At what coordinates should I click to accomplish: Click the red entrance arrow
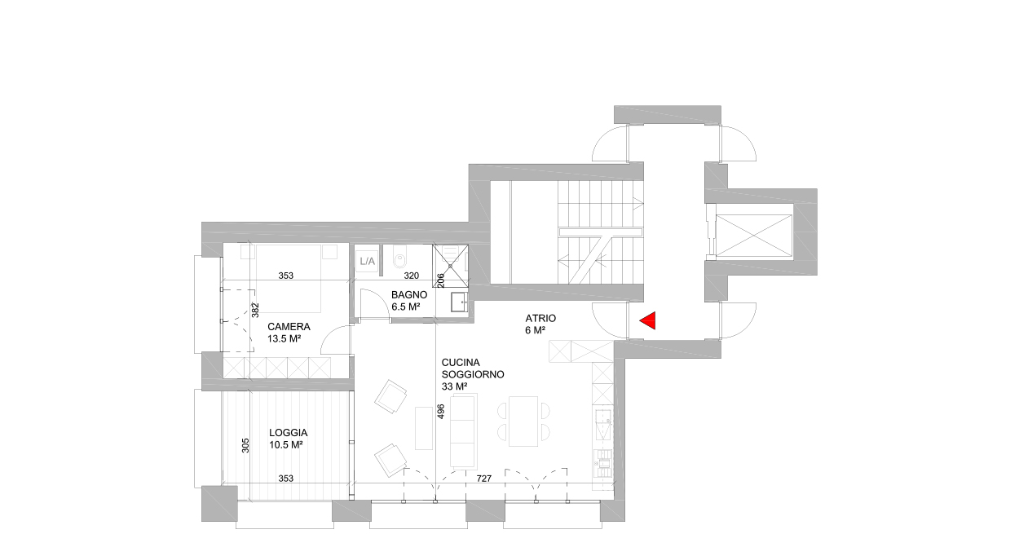pos(648,320)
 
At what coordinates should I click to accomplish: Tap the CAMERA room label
pos(289,327)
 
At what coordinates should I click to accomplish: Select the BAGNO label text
pos(409,295)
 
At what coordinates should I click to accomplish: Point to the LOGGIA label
pos(289,433)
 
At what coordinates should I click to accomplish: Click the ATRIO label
pos(540,319)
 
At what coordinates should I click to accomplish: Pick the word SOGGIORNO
pos(473,375)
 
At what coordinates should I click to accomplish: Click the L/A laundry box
pos(367,262)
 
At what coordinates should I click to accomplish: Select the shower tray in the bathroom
pos(450,265)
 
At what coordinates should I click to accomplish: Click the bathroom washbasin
pos(460,302)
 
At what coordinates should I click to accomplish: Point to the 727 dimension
pos(484,479)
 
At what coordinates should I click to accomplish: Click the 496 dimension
pos(440,412)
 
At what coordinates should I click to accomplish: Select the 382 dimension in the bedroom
pos(255,311)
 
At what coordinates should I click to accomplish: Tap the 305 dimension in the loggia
pos(245,445)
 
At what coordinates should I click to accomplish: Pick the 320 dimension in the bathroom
pos(411,276)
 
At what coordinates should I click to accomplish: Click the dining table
pos(523,421)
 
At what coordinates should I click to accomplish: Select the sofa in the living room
pos(464,431)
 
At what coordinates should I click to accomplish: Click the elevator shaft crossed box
pos(754,236)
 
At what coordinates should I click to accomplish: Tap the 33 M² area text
pos(455,386)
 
